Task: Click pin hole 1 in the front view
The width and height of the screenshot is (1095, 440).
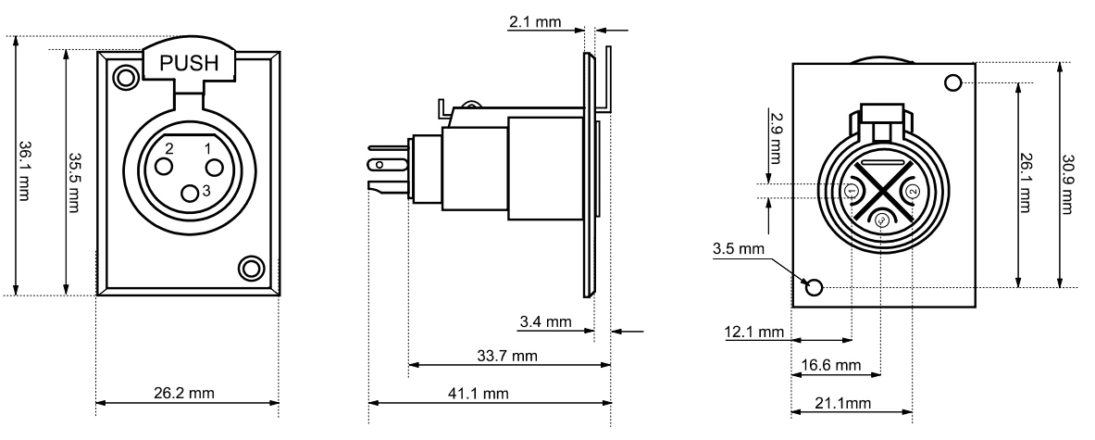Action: click(214, 168)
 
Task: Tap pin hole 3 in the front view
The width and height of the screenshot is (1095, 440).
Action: click(190, 193)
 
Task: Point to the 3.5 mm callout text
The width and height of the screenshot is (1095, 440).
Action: click(739, 249)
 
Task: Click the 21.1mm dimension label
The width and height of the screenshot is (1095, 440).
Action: click(846, 403)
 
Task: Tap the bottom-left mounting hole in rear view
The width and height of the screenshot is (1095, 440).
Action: click(815, 287)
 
